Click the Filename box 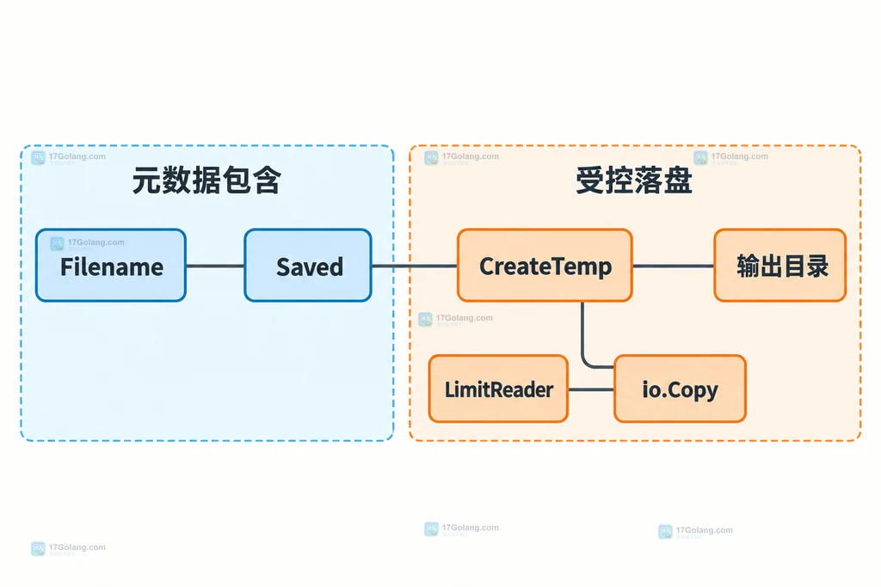click(111, 266)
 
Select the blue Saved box click(308, 266)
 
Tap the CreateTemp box click(545, 266)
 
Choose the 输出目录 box click(779, 266)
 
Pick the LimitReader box click(498, 388)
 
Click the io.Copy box click(680, 388)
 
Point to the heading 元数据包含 click(206, 180)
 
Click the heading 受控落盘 click(634, 180)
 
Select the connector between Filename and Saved click(215, 266)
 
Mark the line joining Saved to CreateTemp click(415, 266)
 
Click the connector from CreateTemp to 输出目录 click(673, 266)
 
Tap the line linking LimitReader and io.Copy click(591, 389)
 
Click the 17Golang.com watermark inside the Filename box click(88, 243)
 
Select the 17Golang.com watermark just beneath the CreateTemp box click(456, 319)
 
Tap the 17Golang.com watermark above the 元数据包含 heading click(69, 157)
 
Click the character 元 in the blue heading click(146, 180)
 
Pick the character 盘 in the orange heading click(678, 180)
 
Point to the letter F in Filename click(67, 267)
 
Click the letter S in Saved click(284, 267)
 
